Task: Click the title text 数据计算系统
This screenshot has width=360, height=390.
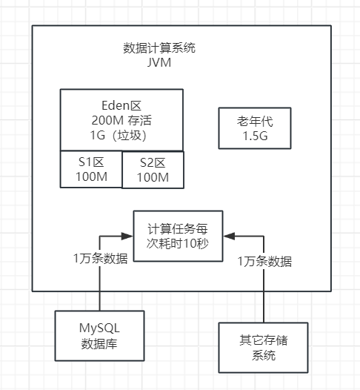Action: pyautogui.click(x=159, y=48)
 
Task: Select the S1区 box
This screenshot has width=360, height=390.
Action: pyautogui.click(x=90, y=169)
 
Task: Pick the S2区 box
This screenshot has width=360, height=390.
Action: pyautogui.click(x=153, y=170)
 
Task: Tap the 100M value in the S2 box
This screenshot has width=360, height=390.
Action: pyautogui.click(x=153, y=178)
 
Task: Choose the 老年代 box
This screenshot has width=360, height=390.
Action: pyautogui.click(x=254, y=128)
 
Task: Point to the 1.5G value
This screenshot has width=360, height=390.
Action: pyautogui.click(x=254, y=136)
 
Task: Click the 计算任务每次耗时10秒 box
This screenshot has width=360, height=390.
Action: pyautogui.click(x=178, y=236)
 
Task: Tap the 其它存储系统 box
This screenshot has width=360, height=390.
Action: pyautogui.click(x=263, y=347)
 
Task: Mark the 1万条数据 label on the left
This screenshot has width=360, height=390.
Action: pyautogui.click(x=99, y=259)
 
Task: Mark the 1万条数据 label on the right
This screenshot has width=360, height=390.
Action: pyautogui.click(x=264, y=261)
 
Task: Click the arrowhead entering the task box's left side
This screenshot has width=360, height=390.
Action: pyautogui.click(x=128, y=237)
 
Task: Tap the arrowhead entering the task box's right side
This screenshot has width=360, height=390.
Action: pyautogui.click(x=228, y=237)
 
